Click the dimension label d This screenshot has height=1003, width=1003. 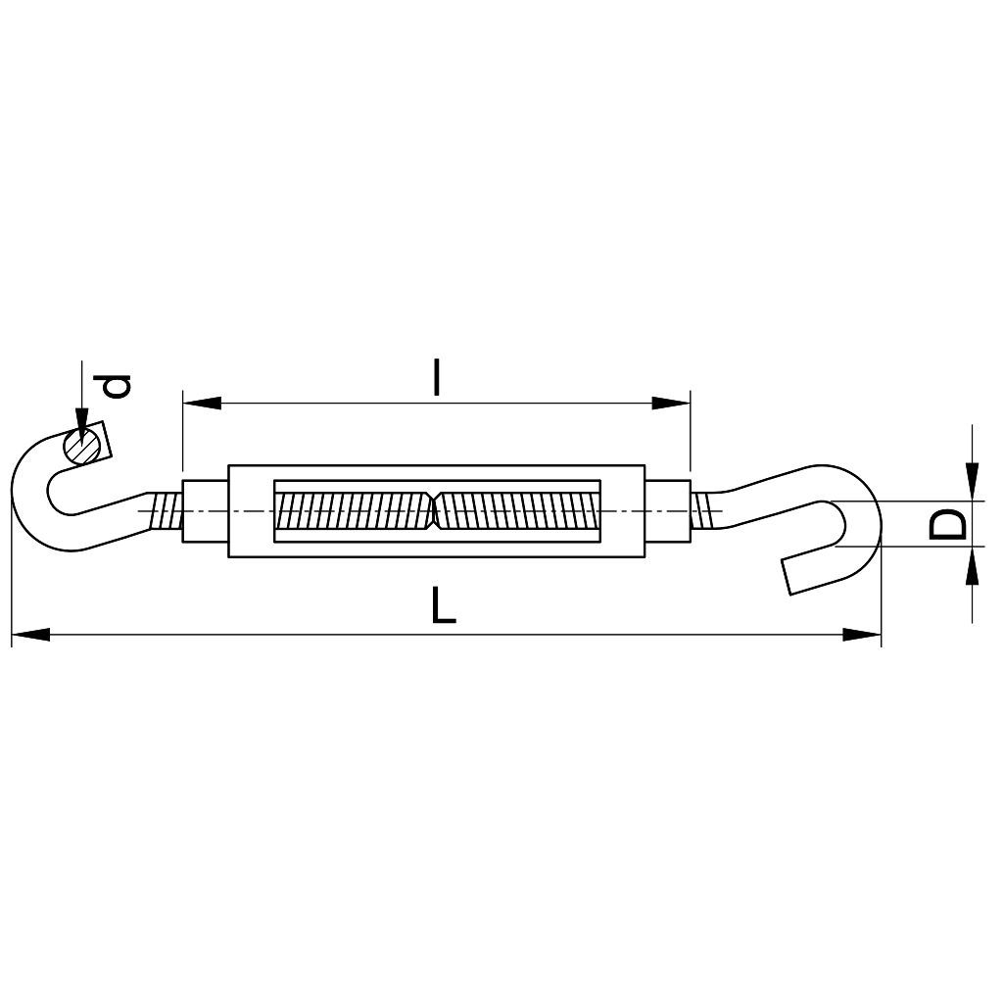118,386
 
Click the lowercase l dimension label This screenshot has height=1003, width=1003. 436,377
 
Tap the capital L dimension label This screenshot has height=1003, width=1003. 443,604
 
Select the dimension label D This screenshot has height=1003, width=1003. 947,524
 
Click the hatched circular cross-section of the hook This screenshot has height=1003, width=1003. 82,446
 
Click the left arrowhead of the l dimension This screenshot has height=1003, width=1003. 202,403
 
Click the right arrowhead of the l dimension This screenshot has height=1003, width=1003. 672,403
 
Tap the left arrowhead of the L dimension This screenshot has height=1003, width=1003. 30,635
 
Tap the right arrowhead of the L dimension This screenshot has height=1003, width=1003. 862,635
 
